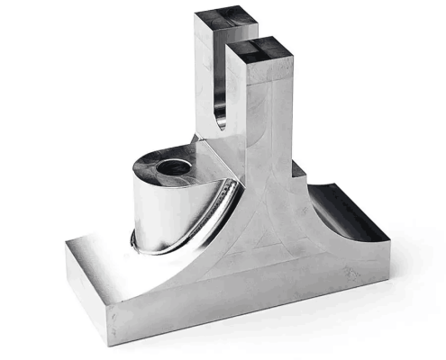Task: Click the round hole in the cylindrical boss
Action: tap(172, 166)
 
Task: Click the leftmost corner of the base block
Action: tap(66, 261)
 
